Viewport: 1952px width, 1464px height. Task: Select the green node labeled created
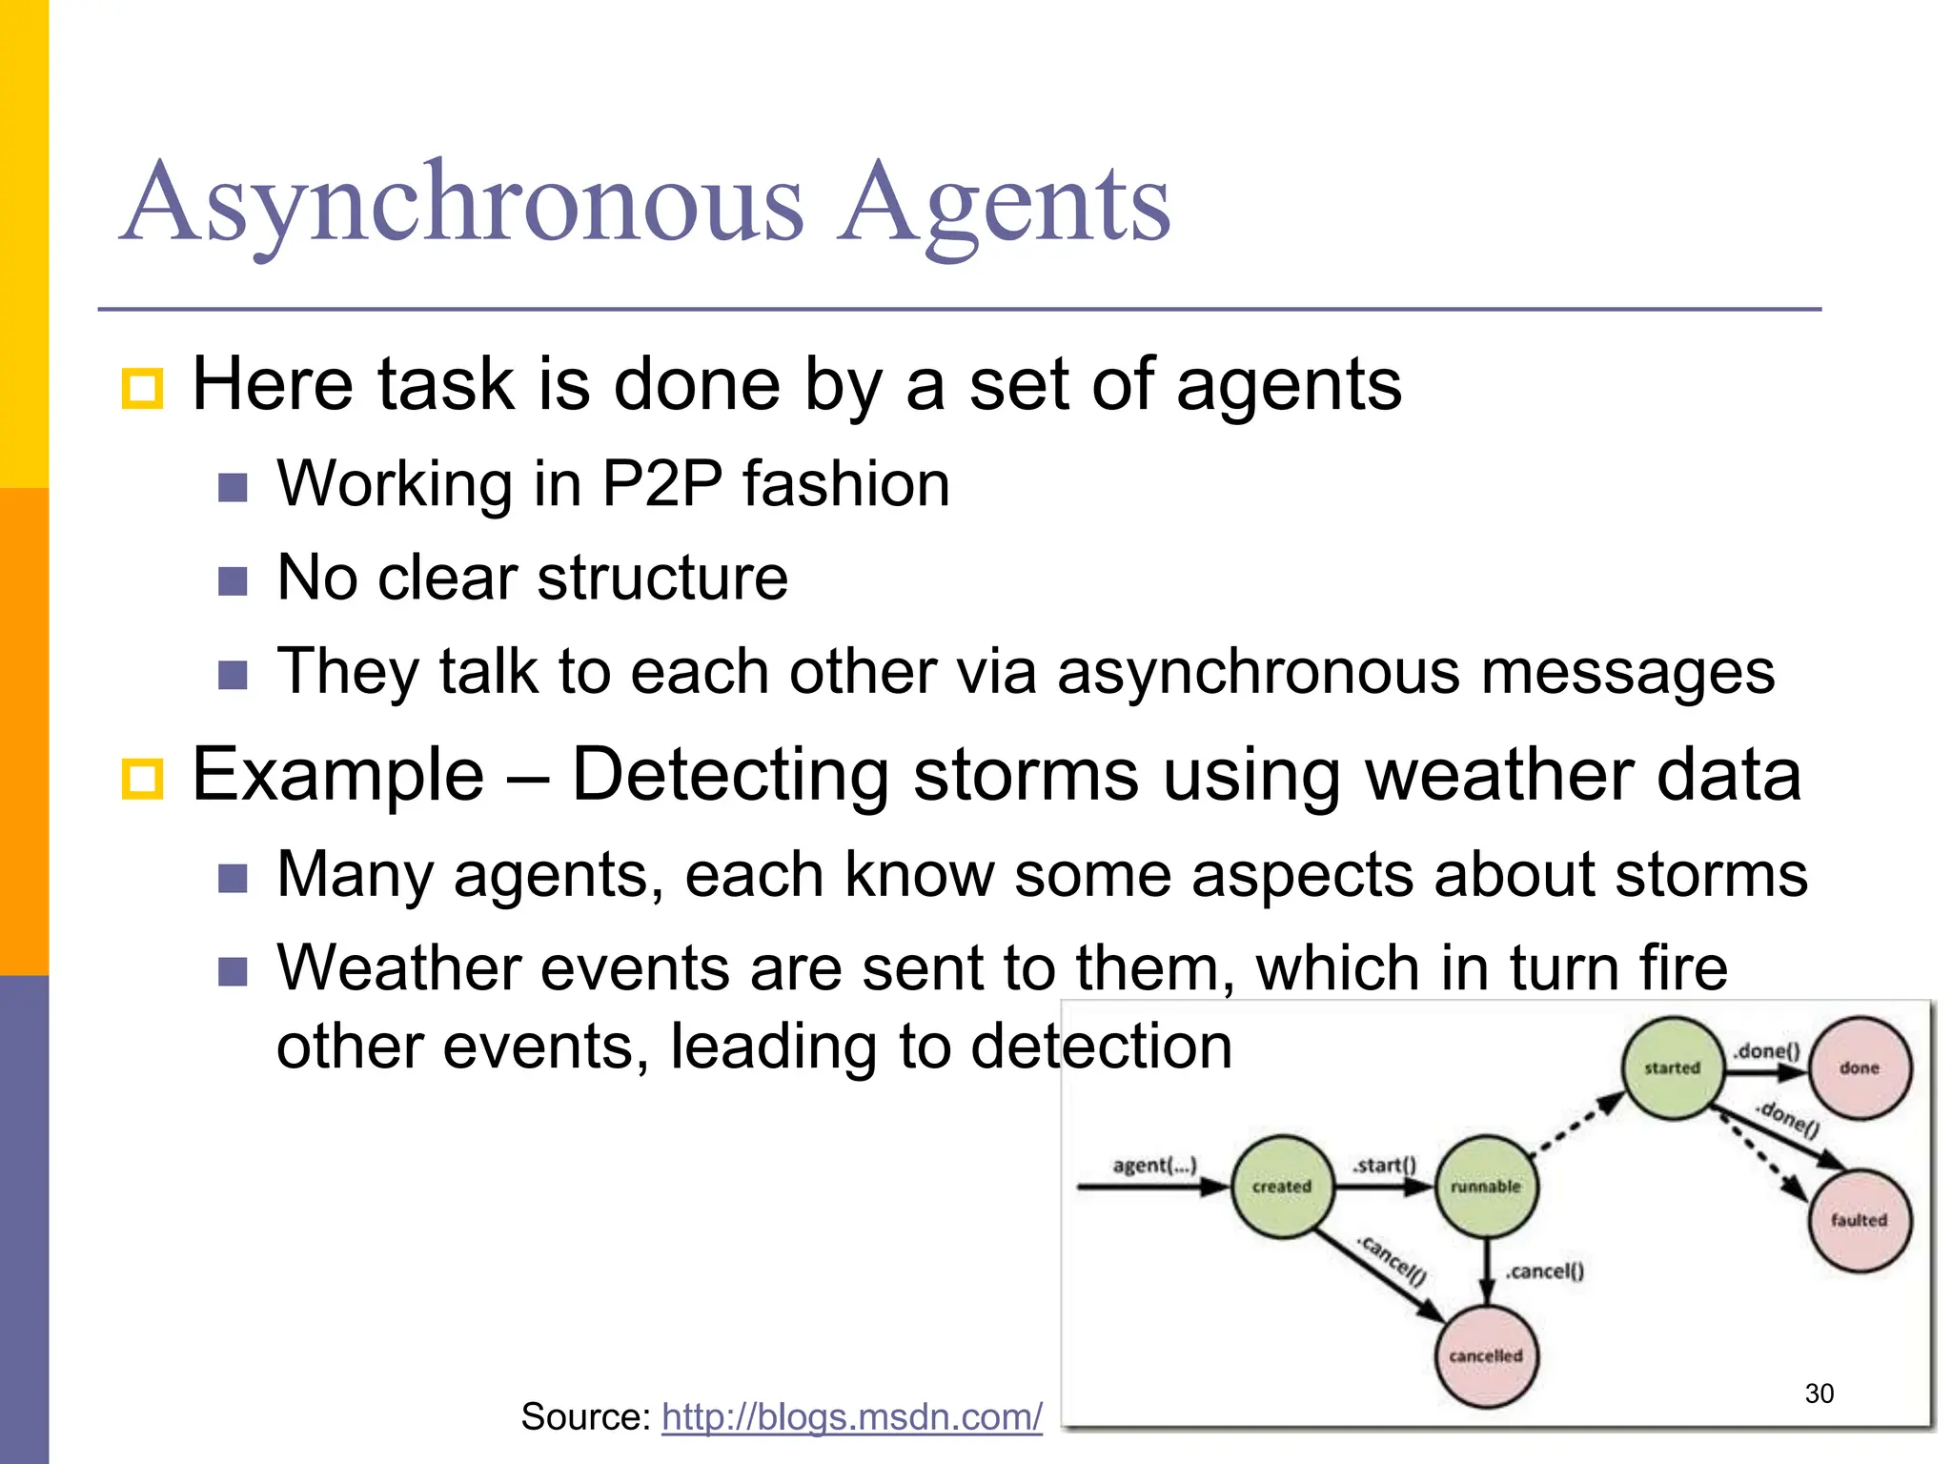coord(1282,1187)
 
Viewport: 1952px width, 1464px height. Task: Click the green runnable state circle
coord(1486,1187)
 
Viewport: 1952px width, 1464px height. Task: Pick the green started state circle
coord(1673,1068)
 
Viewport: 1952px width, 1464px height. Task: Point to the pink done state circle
coord(1860,1068)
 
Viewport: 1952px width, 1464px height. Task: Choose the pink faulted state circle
coord(1859,1220)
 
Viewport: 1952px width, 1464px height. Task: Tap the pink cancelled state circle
coord(1486,1355)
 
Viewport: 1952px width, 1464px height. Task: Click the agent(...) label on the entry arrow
coord(1154,1166)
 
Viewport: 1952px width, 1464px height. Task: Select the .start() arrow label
coord(1384,1166)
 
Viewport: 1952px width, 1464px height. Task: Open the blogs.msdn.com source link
coord(852,1417)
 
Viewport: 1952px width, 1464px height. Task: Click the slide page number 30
coord(1820,1393)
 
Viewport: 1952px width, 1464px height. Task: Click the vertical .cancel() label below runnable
coord(1545,1271)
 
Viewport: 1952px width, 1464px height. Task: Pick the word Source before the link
coord(583,1417)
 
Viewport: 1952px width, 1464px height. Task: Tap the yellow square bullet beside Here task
coord(143,388)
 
